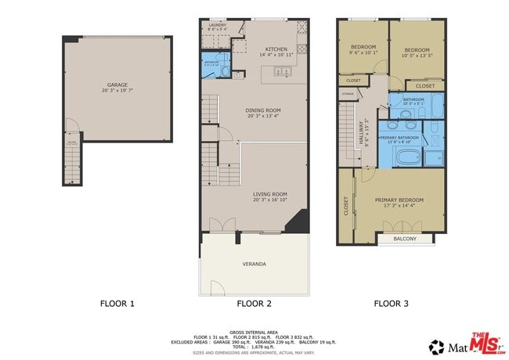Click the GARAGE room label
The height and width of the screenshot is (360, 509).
coord(117,85)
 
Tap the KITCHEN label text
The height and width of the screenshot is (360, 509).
coord(276,49)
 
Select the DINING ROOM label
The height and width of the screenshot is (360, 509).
coord(263,110)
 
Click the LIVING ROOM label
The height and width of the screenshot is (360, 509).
coord(269,194)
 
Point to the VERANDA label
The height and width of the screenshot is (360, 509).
coord(254,264)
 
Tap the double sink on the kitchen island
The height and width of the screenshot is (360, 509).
coord(281,72)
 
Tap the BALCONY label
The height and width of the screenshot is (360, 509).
coord(404,238)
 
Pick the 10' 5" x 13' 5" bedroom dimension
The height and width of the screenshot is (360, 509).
coord(416,56)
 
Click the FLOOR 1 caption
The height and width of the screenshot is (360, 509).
coord(117,303)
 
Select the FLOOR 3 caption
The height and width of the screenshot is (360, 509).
coord(392,303)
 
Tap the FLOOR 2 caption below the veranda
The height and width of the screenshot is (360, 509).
coord(254,303)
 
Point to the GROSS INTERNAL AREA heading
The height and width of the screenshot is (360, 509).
coord(254,332)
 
